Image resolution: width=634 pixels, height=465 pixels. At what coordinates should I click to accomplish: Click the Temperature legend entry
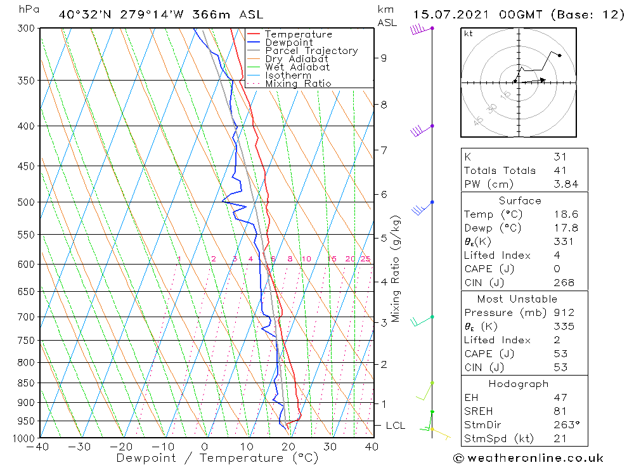(x=298, y=34)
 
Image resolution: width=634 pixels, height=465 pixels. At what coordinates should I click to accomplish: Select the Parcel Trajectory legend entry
(x=311, y=51)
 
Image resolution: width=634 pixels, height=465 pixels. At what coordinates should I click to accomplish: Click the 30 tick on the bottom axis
(x=331, y=447)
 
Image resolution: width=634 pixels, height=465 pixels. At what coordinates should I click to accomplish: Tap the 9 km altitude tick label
(x=384, y=58)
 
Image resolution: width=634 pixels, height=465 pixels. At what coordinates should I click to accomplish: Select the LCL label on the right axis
(x=395, y=426)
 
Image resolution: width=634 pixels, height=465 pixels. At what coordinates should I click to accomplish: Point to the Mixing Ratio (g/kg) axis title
(x=396, y=268)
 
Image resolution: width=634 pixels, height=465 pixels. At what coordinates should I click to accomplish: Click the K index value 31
(x=560, y=157)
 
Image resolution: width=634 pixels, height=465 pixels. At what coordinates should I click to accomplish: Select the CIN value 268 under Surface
(x=564, y=283)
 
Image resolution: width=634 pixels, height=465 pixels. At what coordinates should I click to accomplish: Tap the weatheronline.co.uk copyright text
(x=529, y=458)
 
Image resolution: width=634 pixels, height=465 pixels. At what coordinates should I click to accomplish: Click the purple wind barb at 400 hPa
(x=417, y=131)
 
